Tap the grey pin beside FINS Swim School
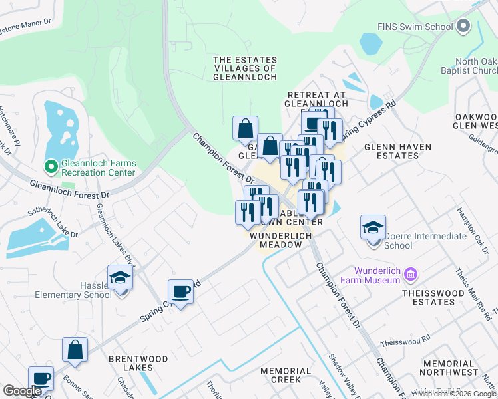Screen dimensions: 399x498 464,27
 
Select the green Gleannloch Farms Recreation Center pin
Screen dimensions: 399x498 50,166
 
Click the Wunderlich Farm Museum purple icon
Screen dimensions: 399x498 410,274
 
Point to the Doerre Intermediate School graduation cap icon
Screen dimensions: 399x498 373,228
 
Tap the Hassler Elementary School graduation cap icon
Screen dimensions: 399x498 120,278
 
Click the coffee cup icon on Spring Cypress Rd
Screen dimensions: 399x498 180,291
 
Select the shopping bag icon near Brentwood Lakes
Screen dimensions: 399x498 75,350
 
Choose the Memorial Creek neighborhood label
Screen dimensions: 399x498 286,375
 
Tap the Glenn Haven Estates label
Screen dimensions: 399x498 397,151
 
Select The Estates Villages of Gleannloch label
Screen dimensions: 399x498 244,68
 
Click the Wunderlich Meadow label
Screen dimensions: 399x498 276,240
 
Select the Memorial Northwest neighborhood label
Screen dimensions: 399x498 449,368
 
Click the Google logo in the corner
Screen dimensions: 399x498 22,391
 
